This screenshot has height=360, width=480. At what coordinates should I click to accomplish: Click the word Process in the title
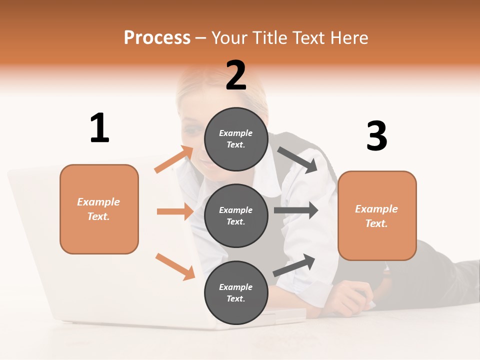point(157,37)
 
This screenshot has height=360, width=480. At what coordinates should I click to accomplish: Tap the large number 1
point(99,128)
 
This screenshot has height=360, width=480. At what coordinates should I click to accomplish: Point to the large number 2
point(236,76)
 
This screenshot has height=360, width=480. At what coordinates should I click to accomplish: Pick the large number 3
point(376,136)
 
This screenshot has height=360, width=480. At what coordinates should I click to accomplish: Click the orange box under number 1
point(99,209)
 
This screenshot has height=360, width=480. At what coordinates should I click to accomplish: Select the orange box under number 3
point(377,216)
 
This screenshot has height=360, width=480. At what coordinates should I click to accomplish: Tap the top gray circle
point(236,139)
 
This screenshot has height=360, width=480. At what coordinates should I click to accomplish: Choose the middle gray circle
point(236,215)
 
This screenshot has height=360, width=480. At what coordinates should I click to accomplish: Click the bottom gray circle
point(236,292)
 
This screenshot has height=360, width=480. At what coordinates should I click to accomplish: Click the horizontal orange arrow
point(175,211)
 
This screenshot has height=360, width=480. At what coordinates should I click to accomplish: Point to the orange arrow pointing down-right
point(175,266)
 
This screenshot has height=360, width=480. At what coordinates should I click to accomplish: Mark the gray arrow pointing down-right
point(297,159)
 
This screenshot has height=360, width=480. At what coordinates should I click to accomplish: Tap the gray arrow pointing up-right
point(294,265)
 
